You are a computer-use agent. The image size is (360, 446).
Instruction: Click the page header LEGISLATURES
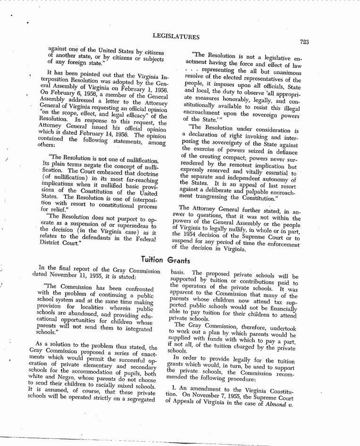[x=176, y=36]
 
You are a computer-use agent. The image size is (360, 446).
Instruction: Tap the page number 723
[x=304, y=42]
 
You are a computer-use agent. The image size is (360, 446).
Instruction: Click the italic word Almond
[x=280, y=401]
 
